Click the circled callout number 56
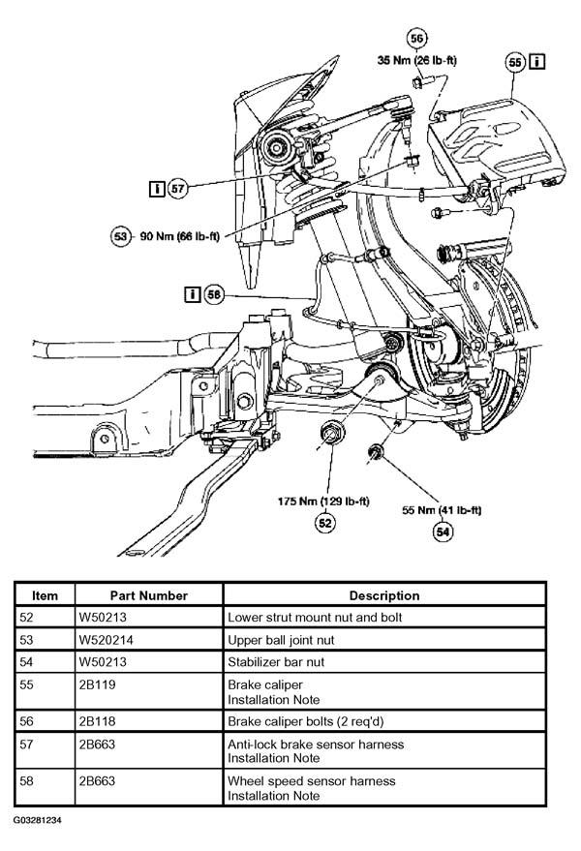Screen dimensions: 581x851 pos(416,39)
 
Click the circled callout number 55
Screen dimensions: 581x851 pos(514,62)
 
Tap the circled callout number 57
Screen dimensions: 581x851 pos(177,189)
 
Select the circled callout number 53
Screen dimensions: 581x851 pos(120,236)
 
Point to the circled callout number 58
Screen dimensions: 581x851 pos(214,294)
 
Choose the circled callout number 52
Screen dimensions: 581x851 pos(324,523)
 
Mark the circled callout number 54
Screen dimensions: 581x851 pos(443,532)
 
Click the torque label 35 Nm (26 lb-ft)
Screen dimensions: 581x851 pos(417,60)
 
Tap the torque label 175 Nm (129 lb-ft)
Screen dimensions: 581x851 pos(323,501)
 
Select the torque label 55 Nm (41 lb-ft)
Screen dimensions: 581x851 pos(442,510)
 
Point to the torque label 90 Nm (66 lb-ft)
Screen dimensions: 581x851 pos(180,236)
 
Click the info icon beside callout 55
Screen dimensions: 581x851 pos(537,61)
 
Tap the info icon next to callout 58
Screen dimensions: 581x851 pos(193,294)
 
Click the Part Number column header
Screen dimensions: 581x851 pos(149,596)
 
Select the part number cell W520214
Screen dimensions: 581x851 pos(106,640)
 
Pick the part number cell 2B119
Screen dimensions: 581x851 pos(97,684)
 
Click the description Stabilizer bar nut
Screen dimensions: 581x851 pos(276,662)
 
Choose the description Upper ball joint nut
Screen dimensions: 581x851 pos(281,640)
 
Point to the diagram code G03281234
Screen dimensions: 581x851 pos(38,820)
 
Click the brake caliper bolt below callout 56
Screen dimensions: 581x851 pos(421,82)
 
